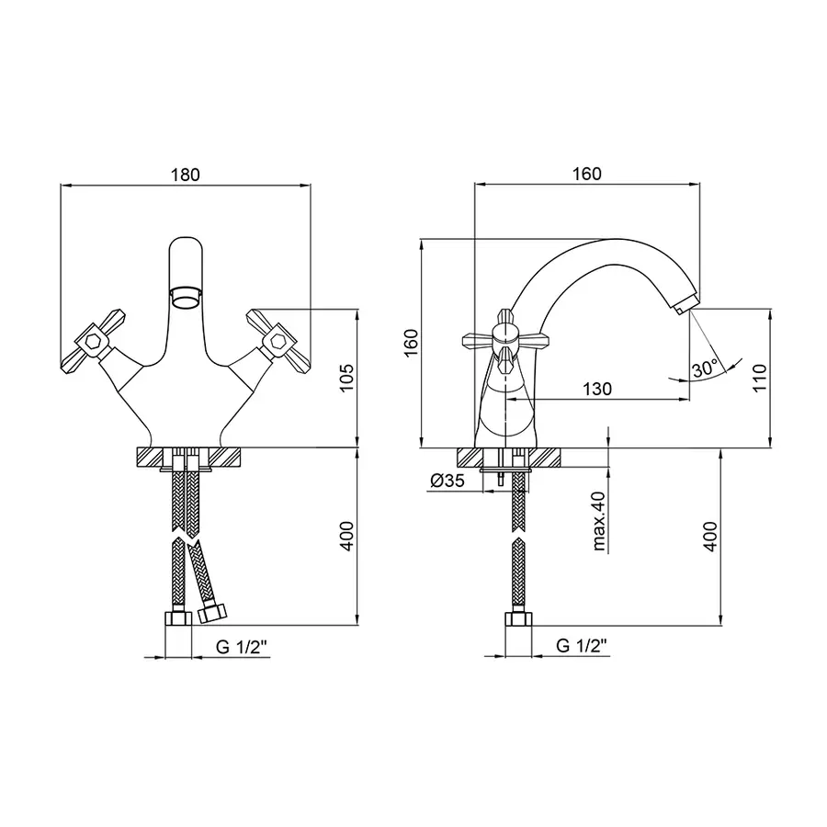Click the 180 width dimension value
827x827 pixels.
point(185,175)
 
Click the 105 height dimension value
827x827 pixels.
point(346,378)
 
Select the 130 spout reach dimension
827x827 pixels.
point(597,390)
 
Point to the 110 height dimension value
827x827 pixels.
point(760,377)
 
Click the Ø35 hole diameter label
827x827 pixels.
point(447,481)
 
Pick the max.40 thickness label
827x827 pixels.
point(599,521)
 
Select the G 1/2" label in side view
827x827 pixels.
point(582,645)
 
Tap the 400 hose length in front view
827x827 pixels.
point(346,537)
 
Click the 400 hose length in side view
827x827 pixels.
point(710,537)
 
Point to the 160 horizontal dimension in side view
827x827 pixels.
point(587,174)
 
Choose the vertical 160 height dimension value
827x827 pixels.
point(411,343)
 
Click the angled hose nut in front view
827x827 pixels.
point(212,613)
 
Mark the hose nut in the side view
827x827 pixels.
point(518,619)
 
